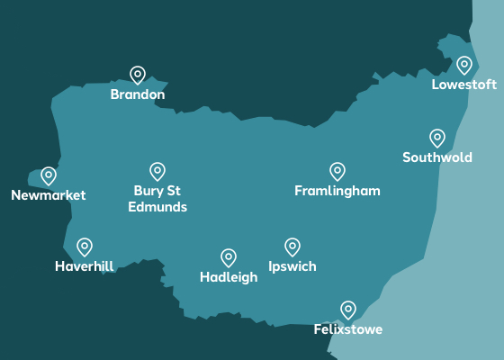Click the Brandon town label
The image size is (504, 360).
138,94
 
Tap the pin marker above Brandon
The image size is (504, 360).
138,75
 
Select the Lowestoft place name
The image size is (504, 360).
463,85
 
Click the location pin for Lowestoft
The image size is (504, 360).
464,65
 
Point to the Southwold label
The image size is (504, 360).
436,157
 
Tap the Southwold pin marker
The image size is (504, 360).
437,138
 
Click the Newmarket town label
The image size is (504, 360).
49,195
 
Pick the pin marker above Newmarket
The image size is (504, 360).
49,175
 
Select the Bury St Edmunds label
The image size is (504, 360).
157,199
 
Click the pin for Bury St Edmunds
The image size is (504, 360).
157,171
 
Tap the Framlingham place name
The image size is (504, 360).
337,191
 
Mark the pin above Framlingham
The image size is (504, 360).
337,171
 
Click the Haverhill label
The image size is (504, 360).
84,266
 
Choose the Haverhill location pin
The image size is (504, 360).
85,247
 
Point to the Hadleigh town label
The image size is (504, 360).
229,277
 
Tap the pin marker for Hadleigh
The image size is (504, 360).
229,258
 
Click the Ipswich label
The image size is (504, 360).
292,266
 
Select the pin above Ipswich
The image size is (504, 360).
292,247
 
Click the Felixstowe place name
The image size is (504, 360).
348,329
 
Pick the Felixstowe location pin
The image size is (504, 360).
348,310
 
